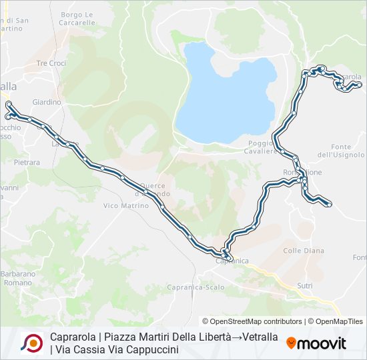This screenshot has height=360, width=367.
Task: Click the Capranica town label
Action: (232, 261)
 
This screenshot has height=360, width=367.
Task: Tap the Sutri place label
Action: (304, 285)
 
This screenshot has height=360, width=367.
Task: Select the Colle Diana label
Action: (304, 251)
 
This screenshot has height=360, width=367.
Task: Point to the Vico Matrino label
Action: (126, 206)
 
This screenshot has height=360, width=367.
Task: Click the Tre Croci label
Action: (51, 63)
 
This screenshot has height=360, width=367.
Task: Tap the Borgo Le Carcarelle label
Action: (78, 18)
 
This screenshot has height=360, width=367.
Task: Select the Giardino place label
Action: (47, 102)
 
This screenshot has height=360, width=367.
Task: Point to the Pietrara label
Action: (27, 162)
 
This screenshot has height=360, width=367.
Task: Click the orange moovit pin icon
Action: (292, 343)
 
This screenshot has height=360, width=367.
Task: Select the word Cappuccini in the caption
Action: (150, 349)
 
